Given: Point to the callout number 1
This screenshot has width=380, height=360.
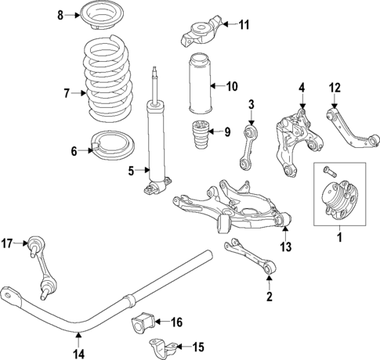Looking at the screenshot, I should (340, 237).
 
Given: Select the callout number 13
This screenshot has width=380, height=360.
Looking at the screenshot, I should (285, 247).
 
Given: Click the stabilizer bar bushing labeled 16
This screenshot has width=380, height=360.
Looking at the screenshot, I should (145, 321).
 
